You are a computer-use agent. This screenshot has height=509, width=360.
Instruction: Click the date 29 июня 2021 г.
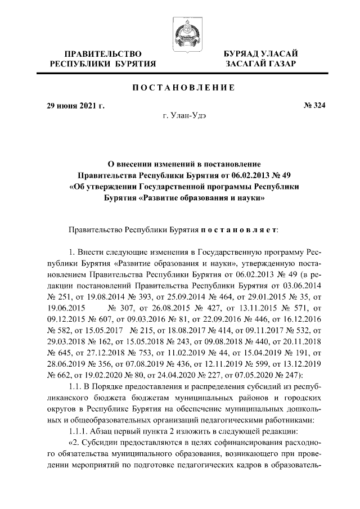(75, 105)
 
